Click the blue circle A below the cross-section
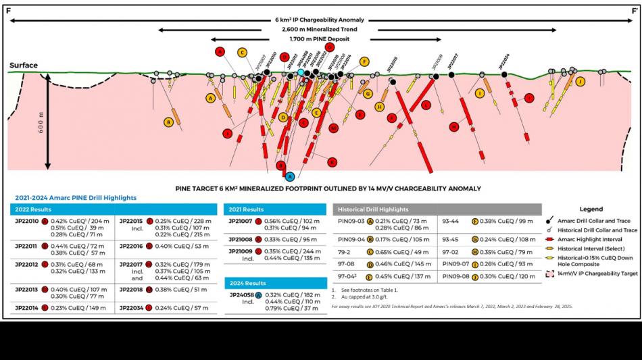pos(290,176)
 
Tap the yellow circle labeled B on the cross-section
pos(168,122)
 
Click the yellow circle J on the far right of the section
pos(580,82)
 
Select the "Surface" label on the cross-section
pos(24,66)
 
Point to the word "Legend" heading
pos(591,209)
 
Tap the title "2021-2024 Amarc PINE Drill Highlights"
pos(75,198)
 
